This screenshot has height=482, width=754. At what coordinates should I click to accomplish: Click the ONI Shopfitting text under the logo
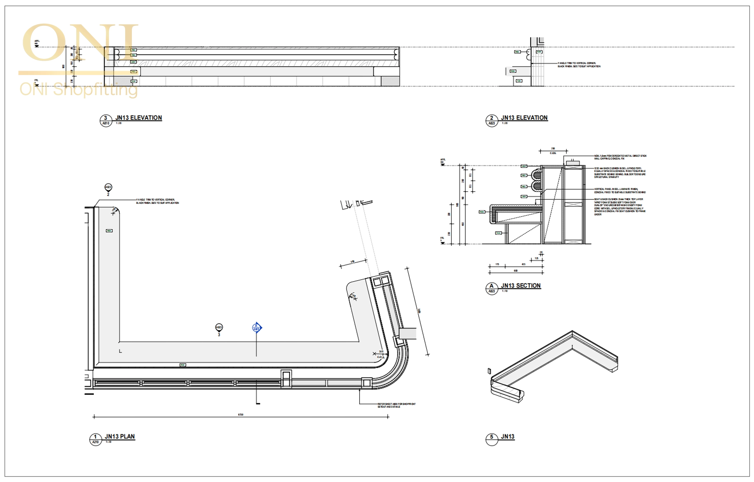pyautogui.click(x=78, y=89)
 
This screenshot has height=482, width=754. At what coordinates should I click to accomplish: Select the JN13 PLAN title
pyautogui.click(x=120, y=436)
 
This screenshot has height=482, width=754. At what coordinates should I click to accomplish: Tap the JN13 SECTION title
pyautogui.click(x=521, y=286)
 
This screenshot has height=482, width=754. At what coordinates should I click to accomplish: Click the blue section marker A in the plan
pyautogui.click(x=257, y=327)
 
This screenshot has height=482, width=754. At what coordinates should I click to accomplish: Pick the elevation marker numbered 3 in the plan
pyautogui.click(x=219, y=328)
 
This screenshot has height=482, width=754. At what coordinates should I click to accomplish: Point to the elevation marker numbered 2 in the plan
pyautogui.click(x=108, y=188)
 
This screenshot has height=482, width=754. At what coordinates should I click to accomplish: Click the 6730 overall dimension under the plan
pyautogui.click(x=240, y=414)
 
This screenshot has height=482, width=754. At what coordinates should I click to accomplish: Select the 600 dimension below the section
pyautogui.click(x=515, y=271)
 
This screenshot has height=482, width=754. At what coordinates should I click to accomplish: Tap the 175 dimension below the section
pyautogui.click(x=497, y=264)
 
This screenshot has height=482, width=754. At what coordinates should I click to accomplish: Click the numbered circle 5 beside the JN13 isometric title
pyautogui.click(x=491, y=438)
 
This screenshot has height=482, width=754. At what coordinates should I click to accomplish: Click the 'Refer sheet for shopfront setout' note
pyautogui.click(x=396, y=405)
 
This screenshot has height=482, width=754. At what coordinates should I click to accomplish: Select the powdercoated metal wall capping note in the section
pyautogui.click(x=620, y=157)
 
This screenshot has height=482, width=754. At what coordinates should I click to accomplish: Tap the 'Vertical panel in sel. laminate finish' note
pyautogui.click(x=620, y=190)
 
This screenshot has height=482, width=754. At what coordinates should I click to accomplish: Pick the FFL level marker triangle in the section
pyautogui.click(x=443, y=243)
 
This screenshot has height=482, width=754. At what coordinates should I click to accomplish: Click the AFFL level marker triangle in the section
pyautogui.click(x=443, y=164)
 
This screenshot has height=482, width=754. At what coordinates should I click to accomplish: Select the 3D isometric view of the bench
pyautogui.click(x=554, y=368)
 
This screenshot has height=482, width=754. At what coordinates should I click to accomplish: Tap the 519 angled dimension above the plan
pyautogui.click(x=352, y=262)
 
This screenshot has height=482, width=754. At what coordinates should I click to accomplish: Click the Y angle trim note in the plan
pyautogui.click(x=157, y=201)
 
